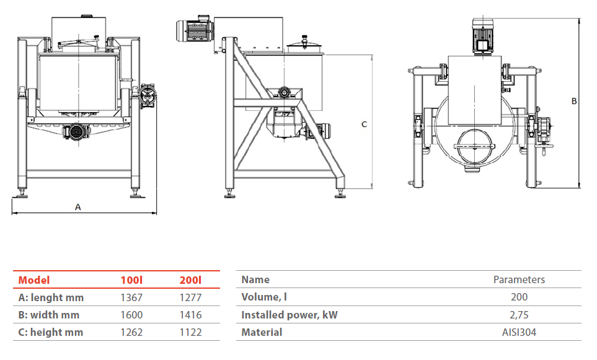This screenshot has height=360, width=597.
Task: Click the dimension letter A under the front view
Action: click(x=78, y=207)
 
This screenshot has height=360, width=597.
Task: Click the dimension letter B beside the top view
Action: click(x=574, y=101)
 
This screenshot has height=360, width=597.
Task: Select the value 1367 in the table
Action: click(x=131, y=297)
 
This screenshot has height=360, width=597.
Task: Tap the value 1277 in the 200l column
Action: click(x=190, y=297)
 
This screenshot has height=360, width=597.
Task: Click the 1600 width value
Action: click(x=131, y=315)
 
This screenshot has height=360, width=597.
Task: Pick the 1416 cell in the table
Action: click(x=190, y=315)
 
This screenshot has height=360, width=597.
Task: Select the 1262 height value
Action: click(x=131, y=332)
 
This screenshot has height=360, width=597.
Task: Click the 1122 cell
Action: click(x=190, y=332)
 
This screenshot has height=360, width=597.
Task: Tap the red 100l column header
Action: click(x=131, y=280)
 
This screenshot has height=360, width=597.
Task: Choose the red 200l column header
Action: click(x=190, y=280)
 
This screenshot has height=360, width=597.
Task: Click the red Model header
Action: click(x=34, y=280)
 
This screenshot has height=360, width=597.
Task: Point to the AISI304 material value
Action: click(x=519, y=332)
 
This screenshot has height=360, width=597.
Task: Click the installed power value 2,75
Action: click(x=519, y=315)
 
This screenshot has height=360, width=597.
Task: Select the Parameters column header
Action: click(x=519, y=279)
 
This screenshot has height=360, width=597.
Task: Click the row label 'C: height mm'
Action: click(x=51, y=332)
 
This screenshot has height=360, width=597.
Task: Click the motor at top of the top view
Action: click(x=482, y=35)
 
